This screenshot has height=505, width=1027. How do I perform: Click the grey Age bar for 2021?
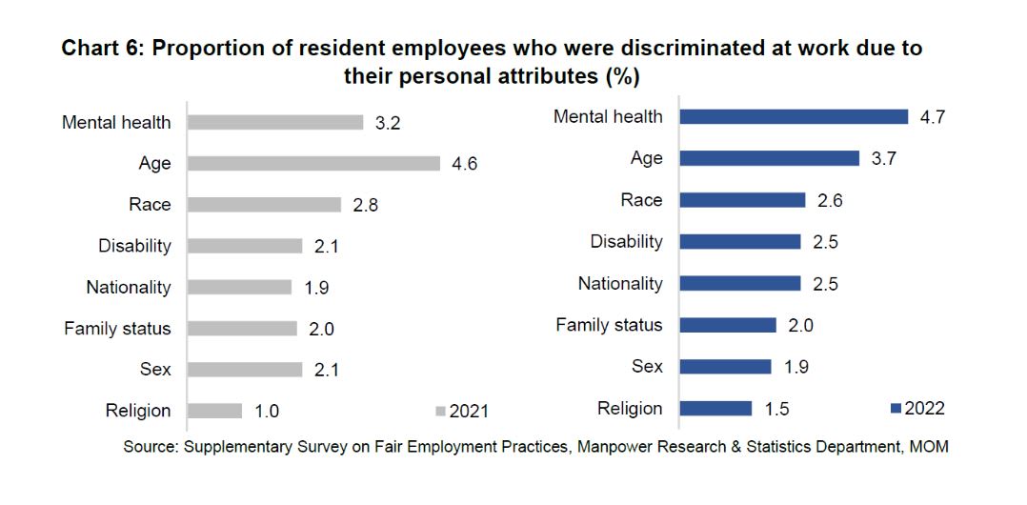coord(313,163)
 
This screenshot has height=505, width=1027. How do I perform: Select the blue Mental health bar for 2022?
coord(794,116)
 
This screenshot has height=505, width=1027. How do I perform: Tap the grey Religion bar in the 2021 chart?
coord(215,411)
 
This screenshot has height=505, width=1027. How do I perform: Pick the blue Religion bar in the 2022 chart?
coord(715,408)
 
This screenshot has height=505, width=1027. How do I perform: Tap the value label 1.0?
coord(266,411)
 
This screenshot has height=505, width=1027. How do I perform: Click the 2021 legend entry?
coord(462,412)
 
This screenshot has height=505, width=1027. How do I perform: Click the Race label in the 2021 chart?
coord(150,204)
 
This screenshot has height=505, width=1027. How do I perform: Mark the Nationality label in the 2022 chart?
coord(620,283)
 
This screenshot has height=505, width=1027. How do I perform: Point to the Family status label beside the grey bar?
coord(117,329)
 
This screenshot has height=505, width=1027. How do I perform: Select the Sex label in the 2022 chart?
coord(647,366)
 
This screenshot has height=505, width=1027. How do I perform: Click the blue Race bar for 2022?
coord(742,200)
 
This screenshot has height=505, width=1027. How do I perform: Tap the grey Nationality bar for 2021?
coord(239,287)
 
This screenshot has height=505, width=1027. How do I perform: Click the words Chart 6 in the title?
coord(99,48)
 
